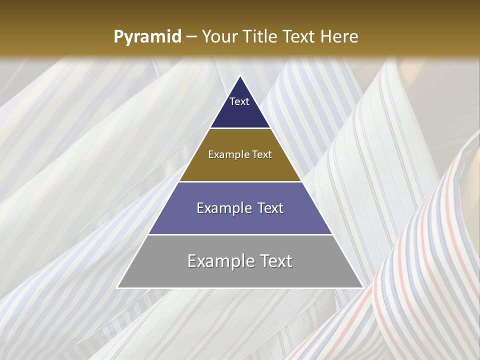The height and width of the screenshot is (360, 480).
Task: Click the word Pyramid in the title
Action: tap(147, 37)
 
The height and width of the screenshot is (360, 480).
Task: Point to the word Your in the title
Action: tap(218, 36)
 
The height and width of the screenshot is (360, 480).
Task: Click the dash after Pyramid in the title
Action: tap(191, 37)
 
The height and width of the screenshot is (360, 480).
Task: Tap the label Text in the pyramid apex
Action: tap(239, 101)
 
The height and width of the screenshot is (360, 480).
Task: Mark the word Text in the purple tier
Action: tap(268, 208)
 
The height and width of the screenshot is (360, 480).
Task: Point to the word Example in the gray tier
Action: tap(219, 261)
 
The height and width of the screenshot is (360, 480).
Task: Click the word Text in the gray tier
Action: tap(275, 261)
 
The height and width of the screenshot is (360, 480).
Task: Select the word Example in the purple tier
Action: tap(223, 208)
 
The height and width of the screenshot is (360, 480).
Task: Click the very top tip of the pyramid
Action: tap(240, 76)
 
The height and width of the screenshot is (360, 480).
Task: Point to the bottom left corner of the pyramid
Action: tap(117, 287)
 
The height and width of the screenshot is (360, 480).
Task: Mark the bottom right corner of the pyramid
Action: tap(362, 287)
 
